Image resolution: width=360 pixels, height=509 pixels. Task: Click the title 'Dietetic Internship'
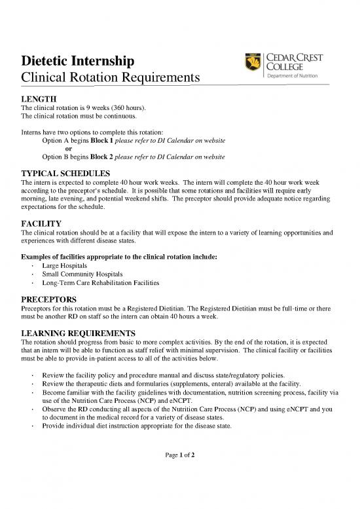79,62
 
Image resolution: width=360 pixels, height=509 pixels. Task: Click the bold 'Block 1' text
103,141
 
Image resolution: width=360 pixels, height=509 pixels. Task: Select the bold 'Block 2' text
103,157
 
